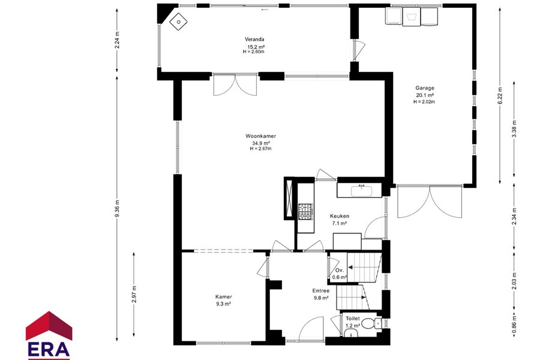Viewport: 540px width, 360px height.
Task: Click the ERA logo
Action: (x=49, y=335)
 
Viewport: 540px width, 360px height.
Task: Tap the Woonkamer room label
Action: (x=261, y=136)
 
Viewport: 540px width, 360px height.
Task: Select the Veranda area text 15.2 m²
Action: (x=256, y=46)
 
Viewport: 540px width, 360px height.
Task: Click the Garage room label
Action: (x=425, y=88)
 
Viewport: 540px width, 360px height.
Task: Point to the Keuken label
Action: (x=340, y=216)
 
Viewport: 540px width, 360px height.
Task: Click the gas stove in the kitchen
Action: (x=305, y=211)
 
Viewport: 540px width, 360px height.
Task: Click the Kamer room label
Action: (x=224, y=296)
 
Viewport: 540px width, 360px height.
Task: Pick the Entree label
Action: (x=321, y=291)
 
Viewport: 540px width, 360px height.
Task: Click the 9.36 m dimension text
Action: (x=117, y=208)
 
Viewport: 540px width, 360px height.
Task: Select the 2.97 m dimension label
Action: (x=134, y=294)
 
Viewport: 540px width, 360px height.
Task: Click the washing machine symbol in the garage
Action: (x=412, y=17)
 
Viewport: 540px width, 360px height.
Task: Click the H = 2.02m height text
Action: (x=424, y=102)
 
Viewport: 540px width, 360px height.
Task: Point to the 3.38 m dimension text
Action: (x=514, y=128)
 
